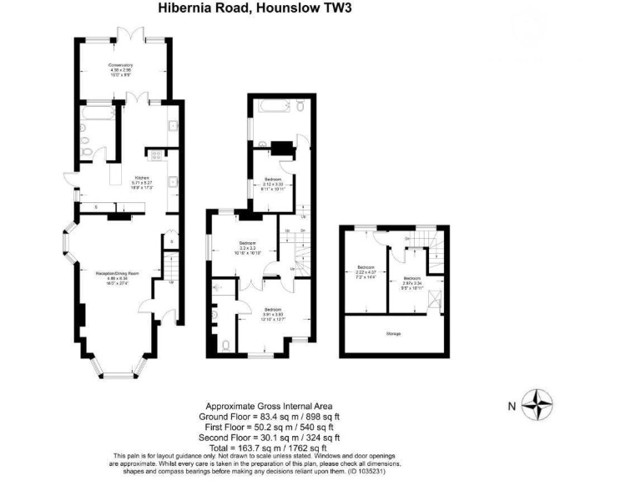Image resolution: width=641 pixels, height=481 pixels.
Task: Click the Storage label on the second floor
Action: tap(393, 333)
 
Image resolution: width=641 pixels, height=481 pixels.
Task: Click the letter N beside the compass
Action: tap(512, 407)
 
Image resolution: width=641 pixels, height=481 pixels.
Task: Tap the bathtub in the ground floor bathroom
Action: tap(96, 112)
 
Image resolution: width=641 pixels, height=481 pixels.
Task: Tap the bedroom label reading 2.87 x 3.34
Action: tap(413, 281)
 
